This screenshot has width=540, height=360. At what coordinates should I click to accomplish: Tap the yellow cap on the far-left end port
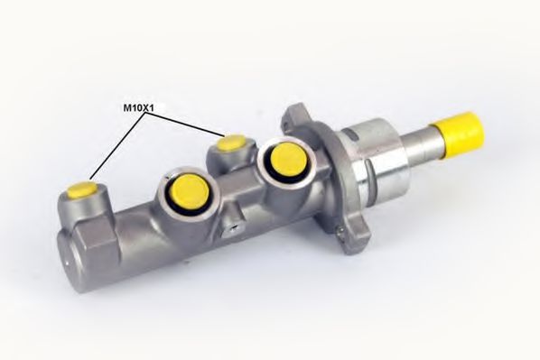tap(84, 190)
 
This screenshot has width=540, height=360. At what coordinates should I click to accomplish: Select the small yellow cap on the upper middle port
tap(234, 141)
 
